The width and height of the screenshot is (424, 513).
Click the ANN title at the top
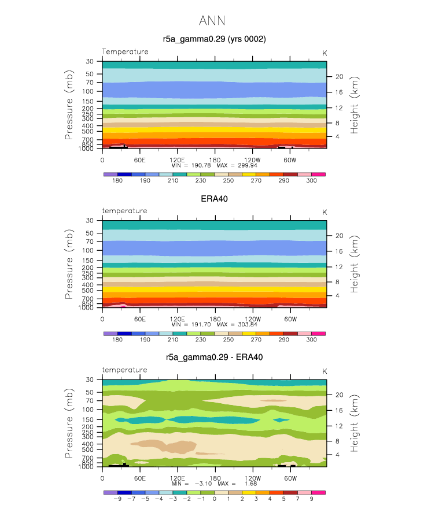pyautogui.click(x=212, y=21)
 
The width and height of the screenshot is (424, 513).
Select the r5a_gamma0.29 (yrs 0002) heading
pyautogui.click(x=214, y=39)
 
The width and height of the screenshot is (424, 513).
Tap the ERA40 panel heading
pyautogui.click(x=214, y=199)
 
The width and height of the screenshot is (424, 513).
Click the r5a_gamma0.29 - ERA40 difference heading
pyautogui.click(x=214, y=357)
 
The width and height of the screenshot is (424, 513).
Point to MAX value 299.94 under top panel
pyautogui.click(x=248, y=165)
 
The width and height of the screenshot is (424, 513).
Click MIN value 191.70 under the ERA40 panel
pyautogui.click(x=201, y=325)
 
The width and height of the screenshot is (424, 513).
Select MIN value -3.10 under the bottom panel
pyautogui.click(x=203, y=484)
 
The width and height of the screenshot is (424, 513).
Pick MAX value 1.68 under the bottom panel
pyautogui.click(x=251, y=484)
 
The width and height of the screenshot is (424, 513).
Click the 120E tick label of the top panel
pyautogui.click(x=177, y=160)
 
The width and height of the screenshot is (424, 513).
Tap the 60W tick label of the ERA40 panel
pyautogui.click(x=290, y=319)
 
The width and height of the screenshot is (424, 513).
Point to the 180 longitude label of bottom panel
pyautogui.click(x=215, y=478)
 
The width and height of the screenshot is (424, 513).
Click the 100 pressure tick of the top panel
pyautogui.click(x=88, y=91)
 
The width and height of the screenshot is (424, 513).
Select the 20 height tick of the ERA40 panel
pyautogui.click(x=340, y=236)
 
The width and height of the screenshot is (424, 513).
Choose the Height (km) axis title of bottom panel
pyautogui.click(x=355, y=423)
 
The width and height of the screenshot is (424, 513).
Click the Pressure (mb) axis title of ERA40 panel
pyautogui.click(x=69, y=264)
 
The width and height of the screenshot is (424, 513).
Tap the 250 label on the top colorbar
pyautogui.click(x=228, y=180)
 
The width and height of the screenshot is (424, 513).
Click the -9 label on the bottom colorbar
pyautogui.click(x=117, y=499)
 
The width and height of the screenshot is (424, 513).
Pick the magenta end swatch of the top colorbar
pyautogui.click(x=318, y=174)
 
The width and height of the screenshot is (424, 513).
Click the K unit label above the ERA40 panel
pyautogui.click(x=325, y=212)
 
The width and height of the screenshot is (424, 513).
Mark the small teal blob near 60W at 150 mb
pyautogui.click(x=281, y=420)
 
